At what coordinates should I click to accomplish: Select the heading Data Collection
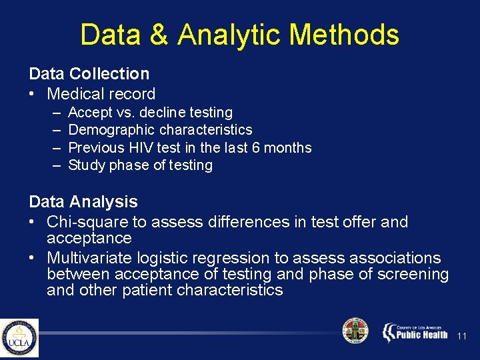coord(89,74)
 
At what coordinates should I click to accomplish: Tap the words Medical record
coord(101,94)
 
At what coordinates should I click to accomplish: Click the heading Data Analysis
coord(83,201)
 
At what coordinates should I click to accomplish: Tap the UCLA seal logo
coord(19,338)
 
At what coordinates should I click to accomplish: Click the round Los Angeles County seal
coord(355,331)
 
